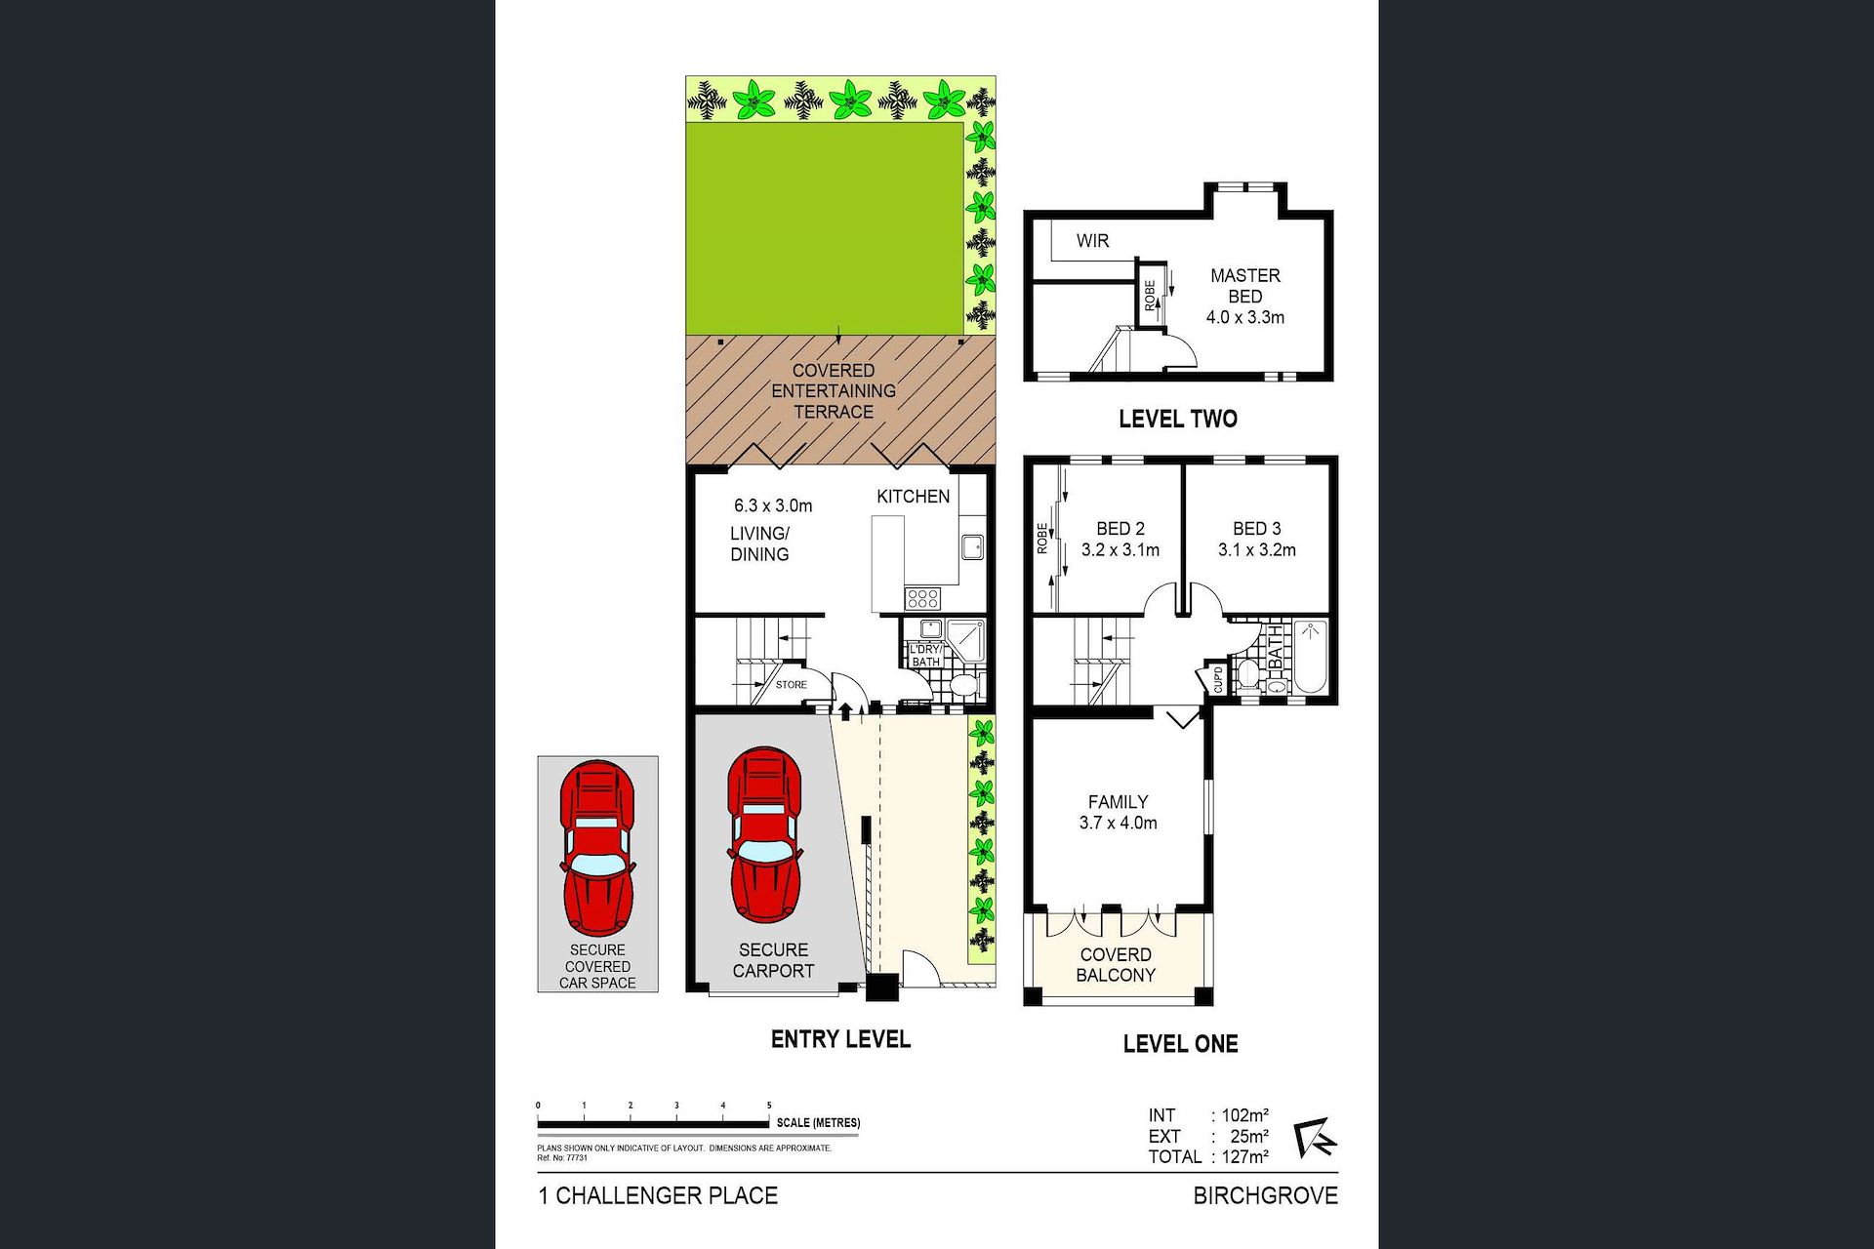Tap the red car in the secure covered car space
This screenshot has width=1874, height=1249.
click(x=597, y=849)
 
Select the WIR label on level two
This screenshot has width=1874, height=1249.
click(x=1092, y=241)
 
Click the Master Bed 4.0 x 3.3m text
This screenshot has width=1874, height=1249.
click(x=1245, y=297)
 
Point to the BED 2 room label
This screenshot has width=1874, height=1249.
click(x=1120, y=529)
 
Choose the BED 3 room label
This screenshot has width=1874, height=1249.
click(x=1257, y=529)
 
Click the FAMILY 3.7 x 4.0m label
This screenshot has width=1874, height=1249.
click(x=1119, y=812)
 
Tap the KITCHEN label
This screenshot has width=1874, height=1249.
click(x=913, y=497)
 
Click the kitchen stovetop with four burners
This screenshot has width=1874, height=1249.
click(x=922, y=597)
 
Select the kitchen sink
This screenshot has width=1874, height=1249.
click(x=972, y=546)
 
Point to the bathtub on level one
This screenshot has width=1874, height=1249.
click(x=1310, y=657)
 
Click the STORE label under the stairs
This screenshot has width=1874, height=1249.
click(x=792, y=685)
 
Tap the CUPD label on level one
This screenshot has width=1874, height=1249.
click(x=1218, y=678)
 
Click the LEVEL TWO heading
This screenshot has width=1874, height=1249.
click(x=1178, y=420)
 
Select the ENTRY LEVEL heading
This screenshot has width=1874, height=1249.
click(x=840, y=1040)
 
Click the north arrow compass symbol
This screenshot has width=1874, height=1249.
click(x=1315, y=1138)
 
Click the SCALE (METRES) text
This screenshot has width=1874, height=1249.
click(x=818, y=1123)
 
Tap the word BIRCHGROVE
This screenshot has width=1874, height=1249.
click(x=1265, y=1196)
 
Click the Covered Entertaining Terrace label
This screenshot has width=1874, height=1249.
click(x=834, y=391)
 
